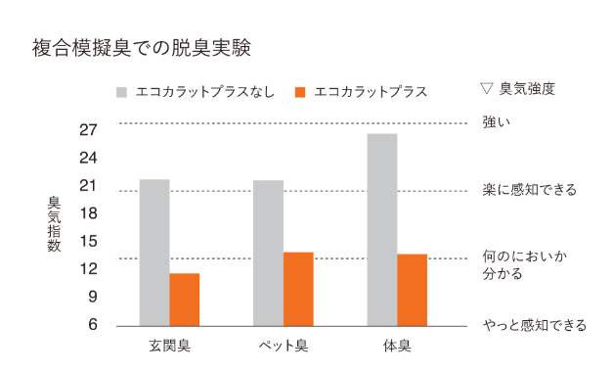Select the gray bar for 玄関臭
point(154,252)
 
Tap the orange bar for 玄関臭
point(185,299)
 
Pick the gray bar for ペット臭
point(268,252)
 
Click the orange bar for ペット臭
point(298,289)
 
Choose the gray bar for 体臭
point(381,228)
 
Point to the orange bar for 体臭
point(412,290)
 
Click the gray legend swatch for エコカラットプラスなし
point(121,91)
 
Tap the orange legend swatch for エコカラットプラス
point(300,91)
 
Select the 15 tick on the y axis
point(89,241)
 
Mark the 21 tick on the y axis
point(89,186)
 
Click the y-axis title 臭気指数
point(55,224)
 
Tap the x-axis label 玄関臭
point(169,347)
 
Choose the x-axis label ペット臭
point(283,347)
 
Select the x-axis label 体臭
point(397,347)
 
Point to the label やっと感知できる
point(534,325)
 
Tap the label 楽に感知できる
point(529,190)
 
